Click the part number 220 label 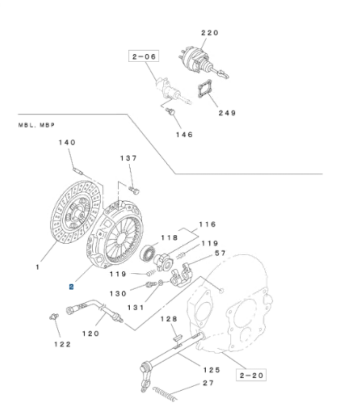[209, 33]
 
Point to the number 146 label [183, 134]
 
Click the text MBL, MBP [37, 125]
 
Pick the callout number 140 [66, 142]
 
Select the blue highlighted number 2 [71, 286]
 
